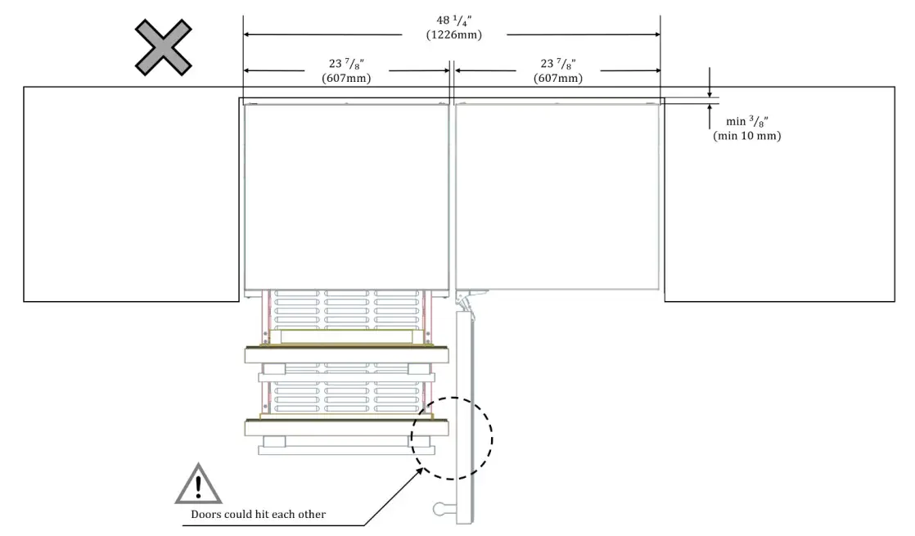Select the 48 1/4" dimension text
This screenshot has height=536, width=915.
(x=453, y=22)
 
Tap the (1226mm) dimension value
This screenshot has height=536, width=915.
(x=453, y=35)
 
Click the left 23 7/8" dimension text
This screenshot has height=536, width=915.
(x=346, y=65)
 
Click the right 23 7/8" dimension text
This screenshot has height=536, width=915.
(x=557, y=65)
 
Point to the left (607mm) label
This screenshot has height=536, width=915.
(x=346, y=79)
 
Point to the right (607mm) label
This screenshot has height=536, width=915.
(x=557, y=79)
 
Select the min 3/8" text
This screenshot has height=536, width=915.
(x=746, y=123)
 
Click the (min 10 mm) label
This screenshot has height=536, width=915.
(x=746, y=136)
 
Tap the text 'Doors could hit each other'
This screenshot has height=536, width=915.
(x=258, y=515)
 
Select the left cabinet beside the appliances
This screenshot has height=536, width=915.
(x=131, y=194)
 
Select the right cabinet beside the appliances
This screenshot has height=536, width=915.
(x=778, y=194)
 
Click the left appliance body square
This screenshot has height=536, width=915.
(x=346, y=196)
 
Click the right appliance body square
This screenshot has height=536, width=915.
(x=557, y=196)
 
